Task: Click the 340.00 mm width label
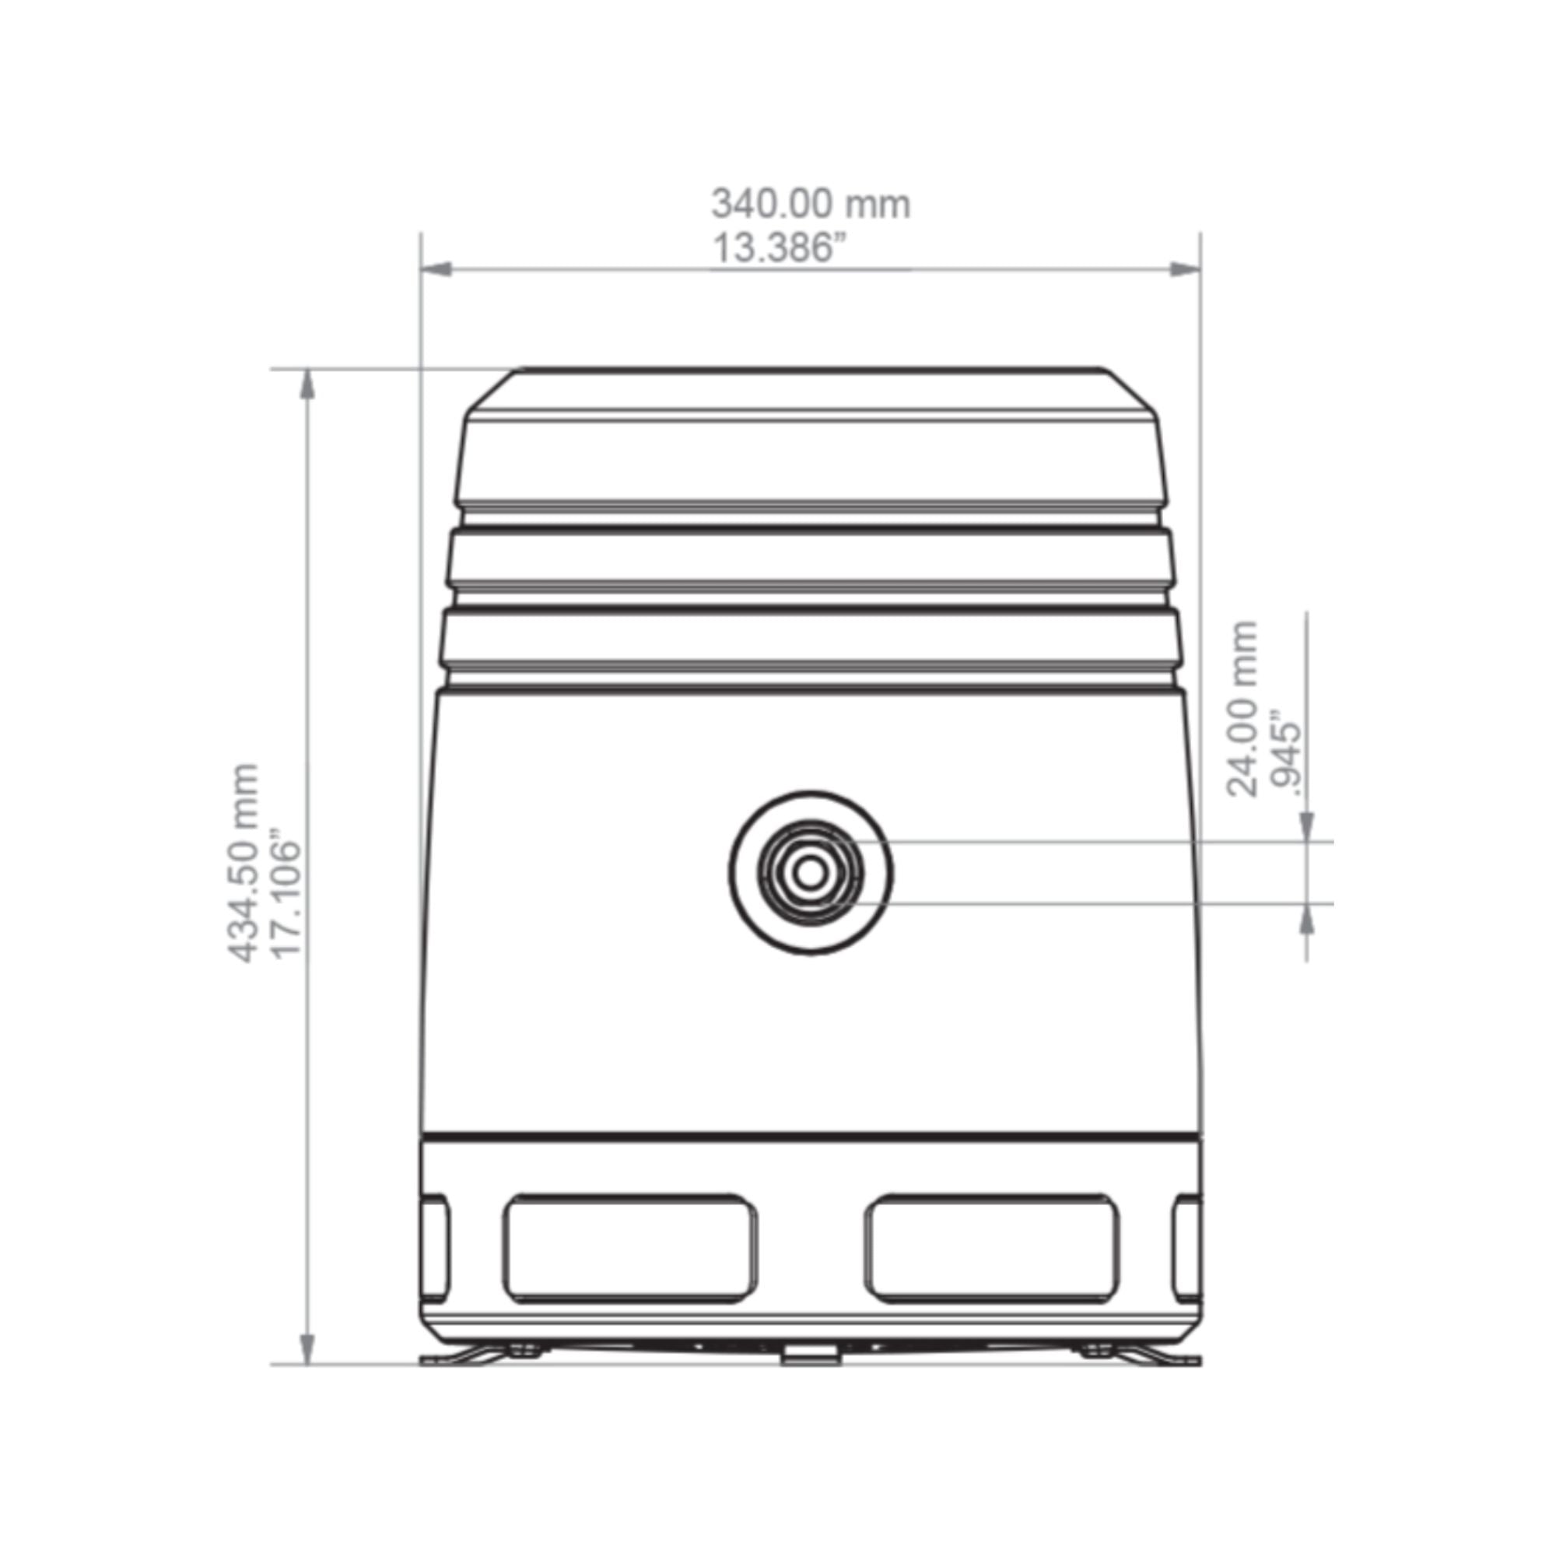pyautogui.click(x=811, y=204)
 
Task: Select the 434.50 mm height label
pyautogui.click(x=244, y=863)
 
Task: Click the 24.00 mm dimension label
pyautogui.click(x=1241, y=709)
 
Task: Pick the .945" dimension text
pyautogui.click(x=1284, y=753)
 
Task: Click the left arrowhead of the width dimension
pyautogui.click(x=436, y=269)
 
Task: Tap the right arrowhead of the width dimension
pyautogui.click(x=1185, y=269)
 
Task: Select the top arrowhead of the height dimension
pyautogui.click(x=307, y=384)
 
